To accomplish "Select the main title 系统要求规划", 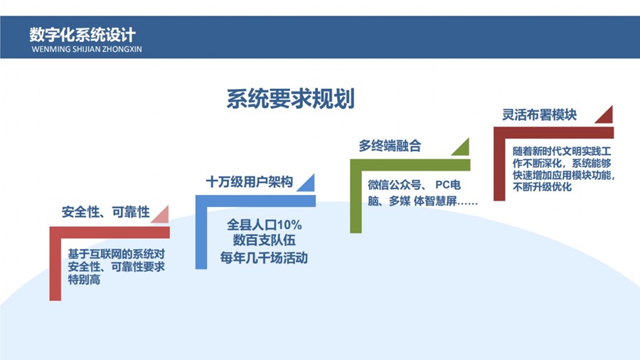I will pos(290,98).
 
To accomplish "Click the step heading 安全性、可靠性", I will pos(105,212).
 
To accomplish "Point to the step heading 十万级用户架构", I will pos(249,181).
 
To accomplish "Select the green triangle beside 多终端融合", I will pos(462,147).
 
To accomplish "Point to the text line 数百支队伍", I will pos(264,241).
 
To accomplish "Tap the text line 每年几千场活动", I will pos(264,258).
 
